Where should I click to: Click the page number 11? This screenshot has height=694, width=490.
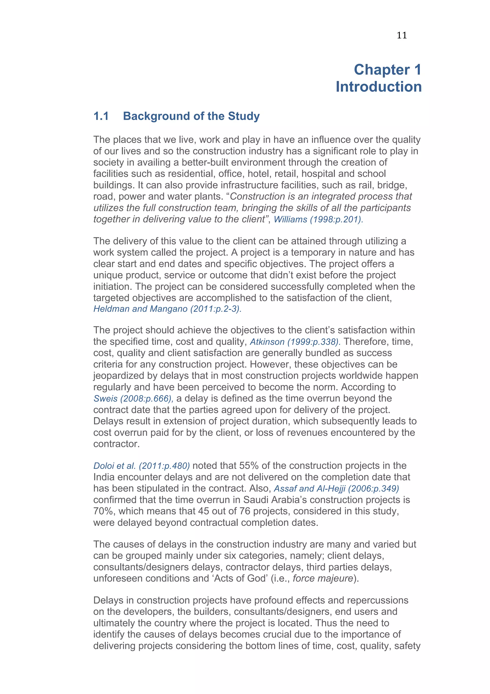coord(401,35)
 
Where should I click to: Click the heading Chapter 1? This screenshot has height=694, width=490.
coord(387,70)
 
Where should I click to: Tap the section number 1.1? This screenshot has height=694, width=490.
coord(101,116)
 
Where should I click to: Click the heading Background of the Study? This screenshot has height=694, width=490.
coord(191,116)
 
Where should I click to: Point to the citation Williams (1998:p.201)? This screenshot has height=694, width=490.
coord(318,219)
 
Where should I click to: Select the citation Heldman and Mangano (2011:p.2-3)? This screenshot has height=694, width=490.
coord(167,309)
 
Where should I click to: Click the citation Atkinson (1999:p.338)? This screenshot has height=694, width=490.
coord(295,342)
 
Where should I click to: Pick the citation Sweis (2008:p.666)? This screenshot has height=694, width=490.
coord(133,399)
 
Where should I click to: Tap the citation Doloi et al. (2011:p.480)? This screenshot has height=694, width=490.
coord(142,466)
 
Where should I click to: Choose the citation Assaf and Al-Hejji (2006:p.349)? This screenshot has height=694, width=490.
coord(336,489)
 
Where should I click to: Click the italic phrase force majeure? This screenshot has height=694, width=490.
coord(323,578)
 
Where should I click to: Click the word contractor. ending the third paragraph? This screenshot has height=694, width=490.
coord(116,444)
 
